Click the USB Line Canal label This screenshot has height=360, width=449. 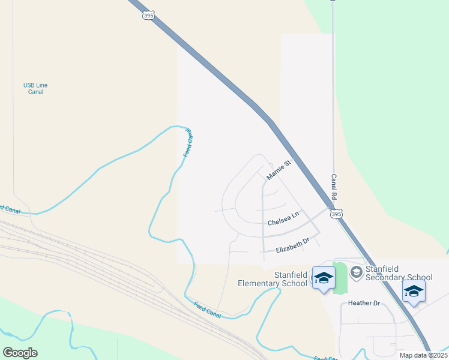tap(35, 89)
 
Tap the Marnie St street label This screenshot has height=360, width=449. tap(279, 169)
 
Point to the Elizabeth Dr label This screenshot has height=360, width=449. tap(292, 245)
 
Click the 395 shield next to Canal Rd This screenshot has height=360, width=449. tap(337, 214)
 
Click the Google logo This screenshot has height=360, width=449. tap(20, 353)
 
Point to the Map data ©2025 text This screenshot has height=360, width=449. tap(422, 355)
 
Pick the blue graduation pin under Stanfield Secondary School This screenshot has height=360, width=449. tap(414, 292)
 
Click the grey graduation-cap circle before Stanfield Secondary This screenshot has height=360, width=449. tap(356, 273)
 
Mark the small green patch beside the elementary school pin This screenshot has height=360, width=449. tap(340, 278)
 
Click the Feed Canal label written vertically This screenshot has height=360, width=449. tap(187, 143)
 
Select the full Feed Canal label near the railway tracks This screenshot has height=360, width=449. tap(208, 310)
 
